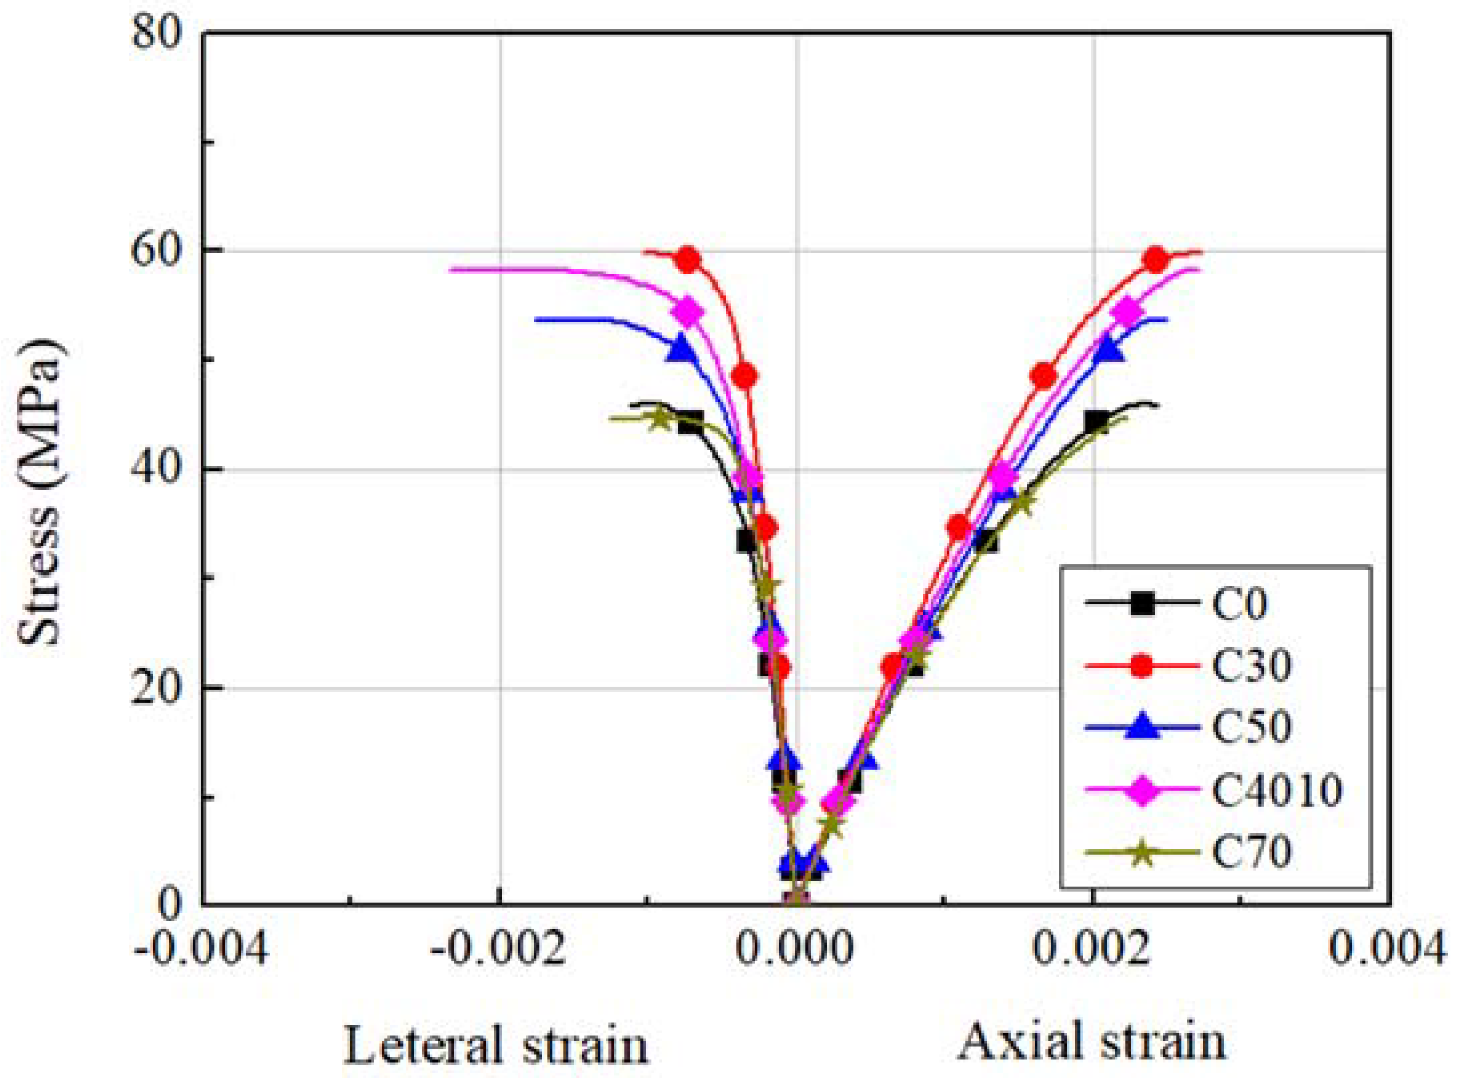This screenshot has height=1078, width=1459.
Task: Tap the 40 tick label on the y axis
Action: click(x=157, y=470)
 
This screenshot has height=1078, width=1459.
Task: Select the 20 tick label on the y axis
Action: click(x=157, y=688)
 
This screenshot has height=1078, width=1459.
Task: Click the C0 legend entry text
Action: click(x=1240, y=605)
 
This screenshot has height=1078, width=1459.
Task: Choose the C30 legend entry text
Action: click(x=1252, y=666)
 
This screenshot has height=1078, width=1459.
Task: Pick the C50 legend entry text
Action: click(x=1252, y=727)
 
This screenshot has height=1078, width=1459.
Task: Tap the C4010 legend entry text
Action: click(x=1276, y=790)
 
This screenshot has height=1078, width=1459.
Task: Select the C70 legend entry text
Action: click(x=1252, y=852)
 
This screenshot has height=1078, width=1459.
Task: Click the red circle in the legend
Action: click(x=1142, y=666)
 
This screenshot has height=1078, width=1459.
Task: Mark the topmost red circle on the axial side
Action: click(x=1157, y=261)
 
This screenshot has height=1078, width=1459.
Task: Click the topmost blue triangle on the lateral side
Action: click(x=680, y=348)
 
